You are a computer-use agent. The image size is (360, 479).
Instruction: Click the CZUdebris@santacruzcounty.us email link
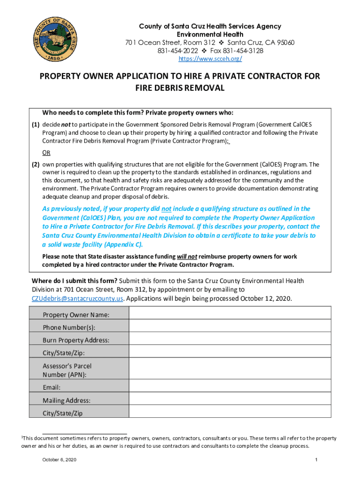(78, 298)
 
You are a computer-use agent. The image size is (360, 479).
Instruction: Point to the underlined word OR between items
(47, 152)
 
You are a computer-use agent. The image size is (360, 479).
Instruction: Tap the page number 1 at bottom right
(317, 460)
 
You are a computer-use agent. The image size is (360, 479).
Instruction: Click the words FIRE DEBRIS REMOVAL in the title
(180, 88)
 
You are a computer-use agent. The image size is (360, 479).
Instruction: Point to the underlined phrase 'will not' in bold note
(187, 257)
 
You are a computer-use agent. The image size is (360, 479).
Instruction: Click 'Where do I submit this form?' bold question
(74, 281)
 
